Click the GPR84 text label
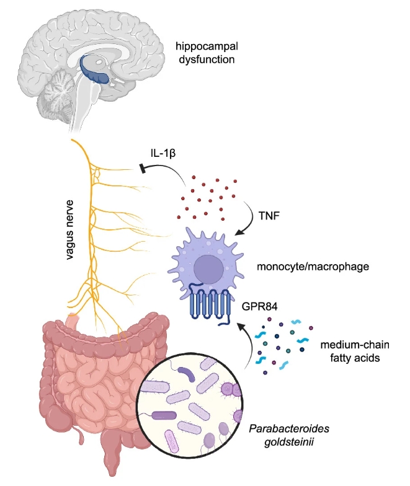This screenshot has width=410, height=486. pos(259,304)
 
